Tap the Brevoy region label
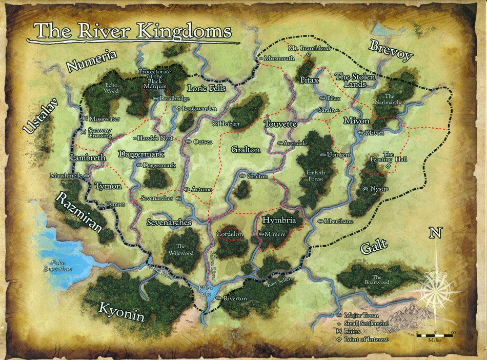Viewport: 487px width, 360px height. point(391,50)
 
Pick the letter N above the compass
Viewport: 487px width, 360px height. point(435,233)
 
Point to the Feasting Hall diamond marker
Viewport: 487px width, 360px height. point(388,167)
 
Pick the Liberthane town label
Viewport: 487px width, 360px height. point(339,221)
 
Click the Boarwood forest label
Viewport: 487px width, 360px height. point(381,279)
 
